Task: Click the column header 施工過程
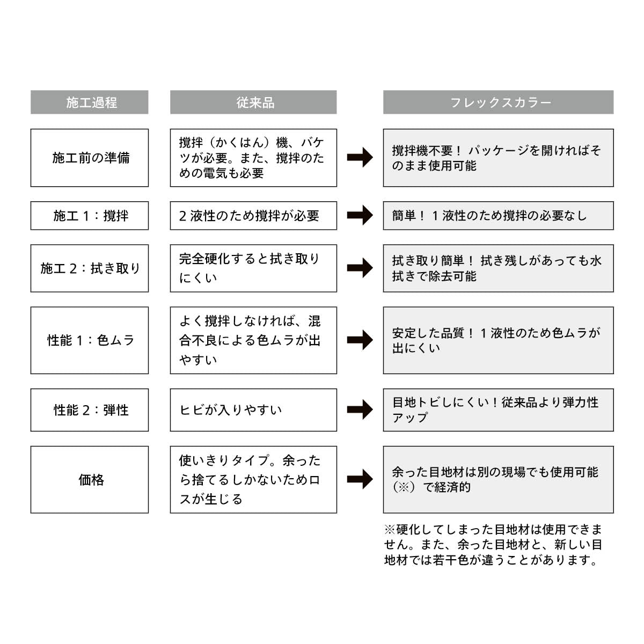point(90,102)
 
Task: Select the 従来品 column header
point(253,102)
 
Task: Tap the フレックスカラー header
point(498,102)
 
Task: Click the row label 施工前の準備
point(90,158)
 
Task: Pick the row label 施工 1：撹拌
point(90,216)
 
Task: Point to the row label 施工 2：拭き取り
point(90,268)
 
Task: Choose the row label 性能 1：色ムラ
point(90,340)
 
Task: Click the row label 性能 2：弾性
point(90,410)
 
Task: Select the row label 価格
point(90,480)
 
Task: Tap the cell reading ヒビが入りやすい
point(253,410)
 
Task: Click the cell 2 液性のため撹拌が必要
point(253,216)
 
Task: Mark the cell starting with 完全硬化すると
point(253,268)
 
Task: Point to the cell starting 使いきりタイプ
point(253,480)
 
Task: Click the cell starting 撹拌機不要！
point(498,158)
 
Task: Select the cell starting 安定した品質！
point(498,340)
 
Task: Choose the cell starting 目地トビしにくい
point(498,410)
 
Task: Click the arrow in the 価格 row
point(360,480)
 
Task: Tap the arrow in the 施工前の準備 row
point(360,158)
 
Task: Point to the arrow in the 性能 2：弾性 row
point(360,410)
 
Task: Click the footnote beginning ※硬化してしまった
point(493,545)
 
